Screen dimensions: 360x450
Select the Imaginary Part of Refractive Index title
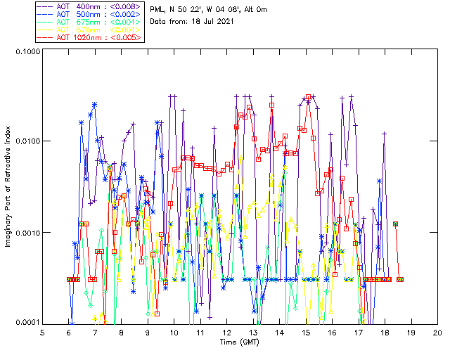8,188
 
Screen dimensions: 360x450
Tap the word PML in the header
158,9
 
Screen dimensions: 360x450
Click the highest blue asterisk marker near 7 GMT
94,105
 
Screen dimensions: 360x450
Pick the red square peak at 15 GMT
308,96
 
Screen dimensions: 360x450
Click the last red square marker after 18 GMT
400,279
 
